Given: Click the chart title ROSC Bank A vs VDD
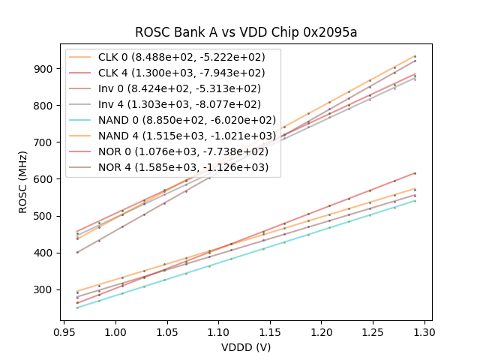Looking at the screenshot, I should coord(245,32).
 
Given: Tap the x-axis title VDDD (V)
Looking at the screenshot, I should coord(245,347).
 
